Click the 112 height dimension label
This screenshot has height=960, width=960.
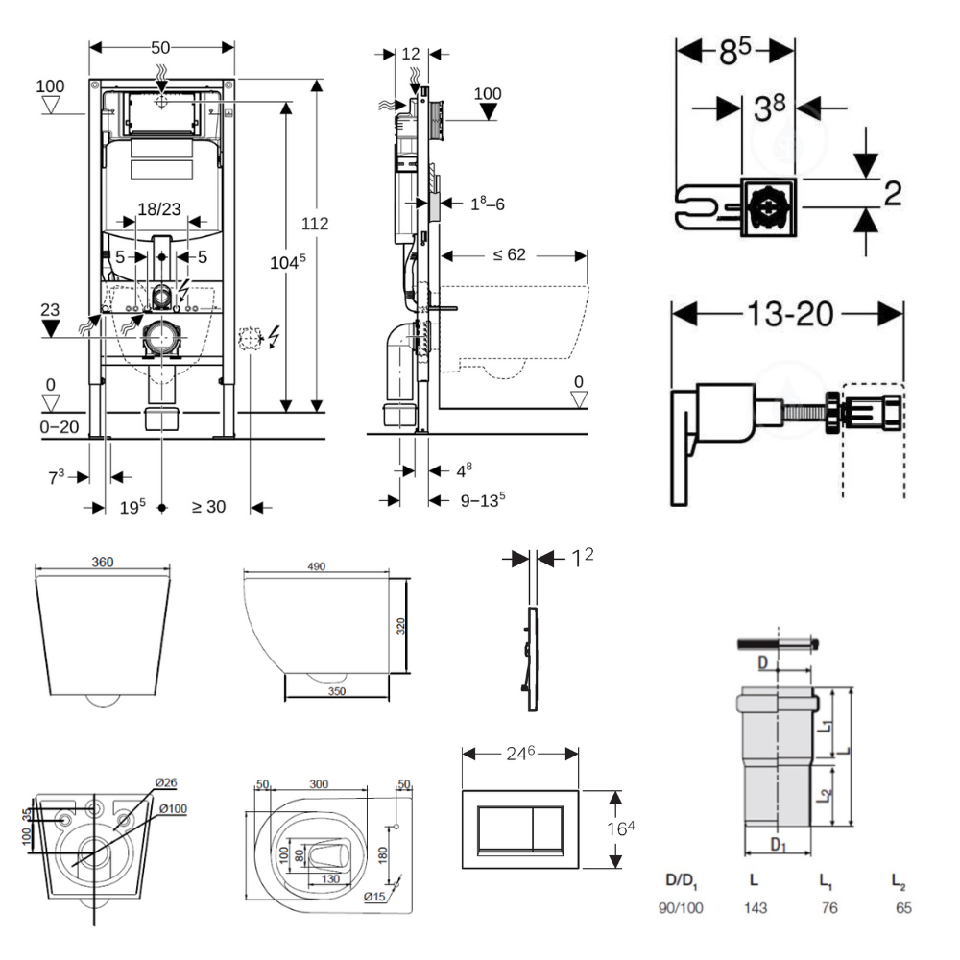315,224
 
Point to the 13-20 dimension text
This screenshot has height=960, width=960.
786,313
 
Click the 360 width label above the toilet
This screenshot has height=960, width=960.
103,562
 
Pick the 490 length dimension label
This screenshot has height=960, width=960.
317,566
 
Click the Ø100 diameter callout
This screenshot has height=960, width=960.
173,808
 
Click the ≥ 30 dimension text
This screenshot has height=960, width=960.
208,506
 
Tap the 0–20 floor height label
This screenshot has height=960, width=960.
59,424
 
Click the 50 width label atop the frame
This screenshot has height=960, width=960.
160,46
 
